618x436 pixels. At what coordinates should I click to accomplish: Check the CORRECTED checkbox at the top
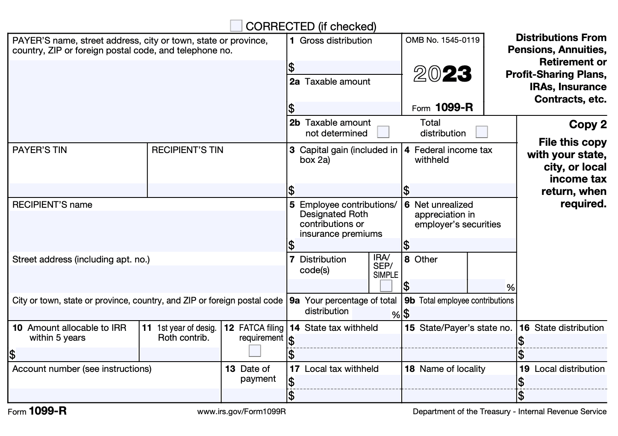(236, 26)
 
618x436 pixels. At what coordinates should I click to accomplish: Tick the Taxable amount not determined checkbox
(383, 132)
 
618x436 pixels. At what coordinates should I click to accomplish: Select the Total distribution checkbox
(482, 132)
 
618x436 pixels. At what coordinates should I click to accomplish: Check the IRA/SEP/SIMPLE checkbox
(386, 285)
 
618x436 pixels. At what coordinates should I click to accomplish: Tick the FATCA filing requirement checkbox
(255, 351)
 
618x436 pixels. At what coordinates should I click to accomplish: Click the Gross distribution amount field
(347, 67)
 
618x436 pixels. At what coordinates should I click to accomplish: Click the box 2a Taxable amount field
(347, 108)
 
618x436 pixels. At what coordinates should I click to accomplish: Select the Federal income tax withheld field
(462, 190)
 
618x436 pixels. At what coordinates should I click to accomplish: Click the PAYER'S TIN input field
(77, 190)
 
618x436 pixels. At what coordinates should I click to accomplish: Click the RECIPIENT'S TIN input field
(217, 190)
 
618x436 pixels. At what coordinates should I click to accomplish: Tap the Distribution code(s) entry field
(327, 286)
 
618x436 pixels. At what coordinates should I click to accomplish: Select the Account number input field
(114, 395)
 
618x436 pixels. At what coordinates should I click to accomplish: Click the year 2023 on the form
(442, 74)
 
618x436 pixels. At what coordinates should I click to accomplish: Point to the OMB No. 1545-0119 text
(442, 40)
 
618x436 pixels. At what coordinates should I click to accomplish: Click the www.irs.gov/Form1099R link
(241, 412)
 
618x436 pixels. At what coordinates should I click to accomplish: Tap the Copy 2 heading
(588, 124)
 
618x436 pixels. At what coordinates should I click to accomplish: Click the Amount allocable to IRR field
(77, 354)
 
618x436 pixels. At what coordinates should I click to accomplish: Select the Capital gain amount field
(347, 190)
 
